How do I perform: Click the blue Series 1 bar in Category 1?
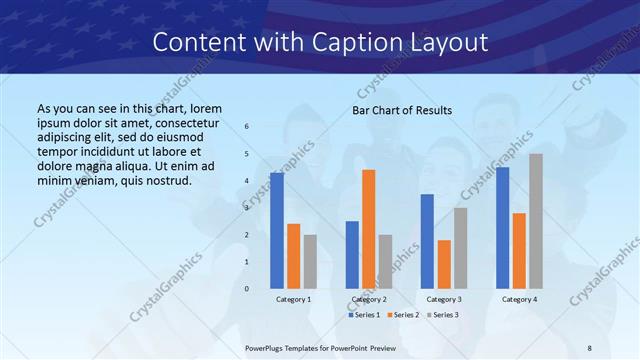tap(277, 230)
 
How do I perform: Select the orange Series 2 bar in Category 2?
tap(369, 229)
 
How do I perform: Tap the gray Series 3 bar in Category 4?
tap(536, 221)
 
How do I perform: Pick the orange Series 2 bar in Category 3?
tap(444, 264)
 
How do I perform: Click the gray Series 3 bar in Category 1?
tap(310, 261)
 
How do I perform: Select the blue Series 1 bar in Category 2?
tap(352, 255)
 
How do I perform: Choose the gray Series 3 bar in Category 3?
tap(460, 248)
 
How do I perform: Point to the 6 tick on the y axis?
tap(247, 127)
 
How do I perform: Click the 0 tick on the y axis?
tap(247, 289)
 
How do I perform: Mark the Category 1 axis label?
tap(293, 299)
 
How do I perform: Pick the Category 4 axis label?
tap(519, 299)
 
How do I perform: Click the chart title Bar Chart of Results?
tap(402, 110)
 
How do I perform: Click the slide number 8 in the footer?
tap(590, 349)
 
